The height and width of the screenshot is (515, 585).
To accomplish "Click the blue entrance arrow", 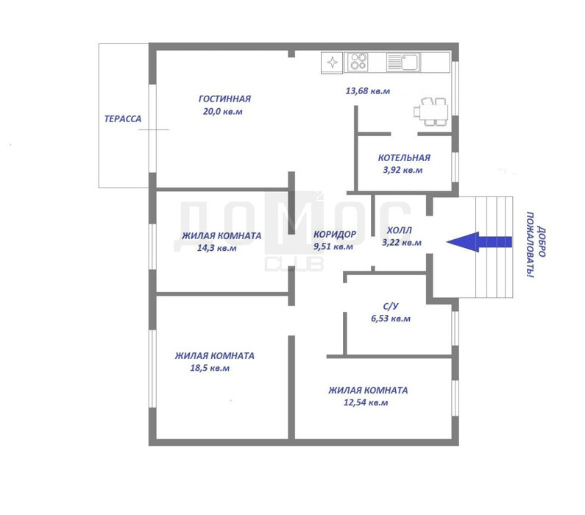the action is click(x=479, y=242).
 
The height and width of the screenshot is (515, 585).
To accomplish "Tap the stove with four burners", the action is click(x=358, y=62).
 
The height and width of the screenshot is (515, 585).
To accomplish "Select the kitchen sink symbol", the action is click(x=403, y=62).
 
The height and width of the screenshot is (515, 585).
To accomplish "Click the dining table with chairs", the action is click(x=430, y=112).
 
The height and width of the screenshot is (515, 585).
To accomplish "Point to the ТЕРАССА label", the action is click(x=123, y=119).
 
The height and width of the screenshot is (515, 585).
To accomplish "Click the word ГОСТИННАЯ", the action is click(x=224, y=99).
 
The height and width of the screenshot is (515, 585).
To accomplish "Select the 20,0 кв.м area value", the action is click(x=223, y=112).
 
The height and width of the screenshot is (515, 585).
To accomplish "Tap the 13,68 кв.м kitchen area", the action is click(x=368, y=91).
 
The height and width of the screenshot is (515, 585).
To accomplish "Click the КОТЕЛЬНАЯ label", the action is click(x=404, y=157).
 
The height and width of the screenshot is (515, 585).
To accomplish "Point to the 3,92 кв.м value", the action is click(x=403, y=170).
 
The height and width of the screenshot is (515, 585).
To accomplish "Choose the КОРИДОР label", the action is click(x=335, y=234).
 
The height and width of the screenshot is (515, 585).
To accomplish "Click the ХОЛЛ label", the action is click(x=400, y=230).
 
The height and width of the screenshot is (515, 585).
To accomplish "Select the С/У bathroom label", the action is click(x=391, y=306).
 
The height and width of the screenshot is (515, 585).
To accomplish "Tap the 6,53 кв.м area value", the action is click(x=391, y=319).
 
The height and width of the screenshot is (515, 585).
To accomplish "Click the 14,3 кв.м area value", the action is click(x=217, y=248).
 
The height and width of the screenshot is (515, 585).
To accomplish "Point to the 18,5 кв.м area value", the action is click(x=210, y=368).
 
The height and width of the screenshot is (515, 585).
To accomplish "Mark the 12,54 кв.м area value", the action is click(x=366, y=402).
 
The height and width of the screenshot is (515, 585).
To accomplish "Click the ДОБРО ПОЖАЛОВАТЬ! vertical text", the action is click(x=536, y=245).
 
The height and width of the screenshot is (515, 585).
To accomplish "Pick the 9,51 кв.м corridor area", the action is click(x=333, y=246).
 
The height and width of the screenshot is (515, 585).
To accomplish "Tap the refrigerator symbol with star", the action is click(x=332, y=63).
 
